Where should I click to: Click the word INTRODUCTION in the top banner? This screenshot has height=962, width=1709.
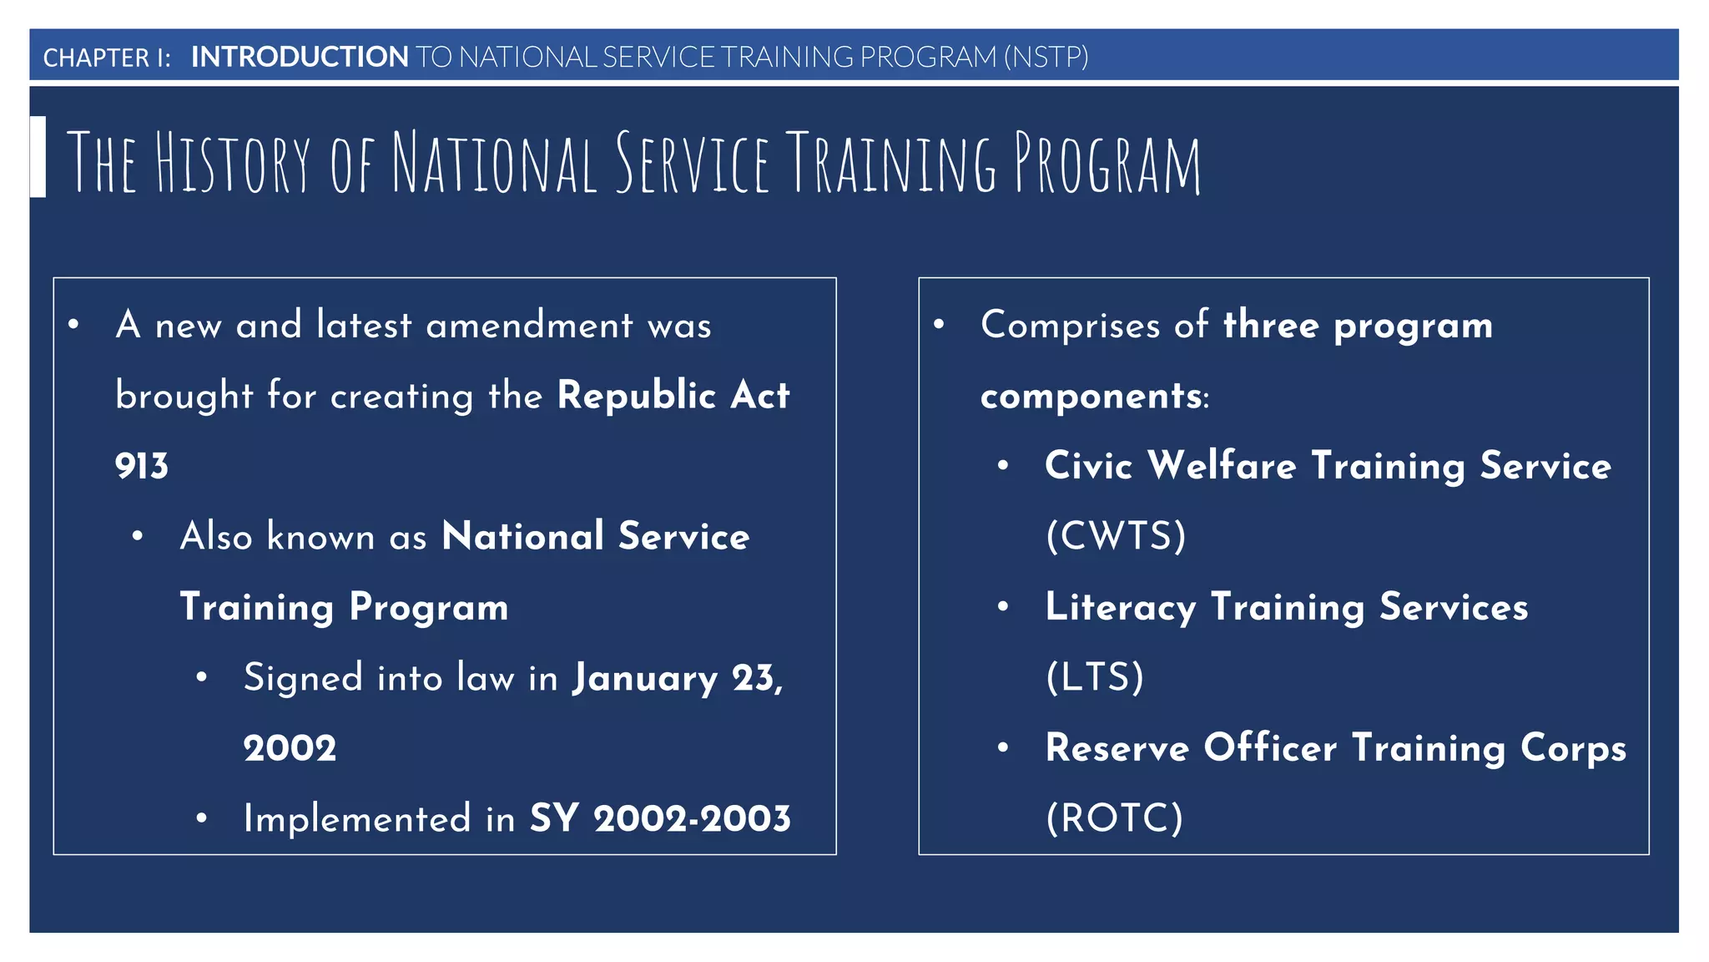tap(300, 57)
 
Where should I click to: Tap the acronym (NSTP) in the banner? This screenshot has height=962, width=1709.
tap(1046, 57)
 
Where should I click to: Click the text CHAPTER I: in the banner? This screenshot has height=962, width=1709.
tap(107, 58)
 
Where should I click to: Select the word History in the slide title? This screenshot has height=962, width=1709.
tap(233, 162)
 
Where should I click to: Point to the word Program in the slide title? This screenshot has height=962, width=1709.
tap(1107, 162)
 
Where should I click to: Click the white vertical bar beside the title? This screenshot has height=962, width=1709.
tap(38, 157)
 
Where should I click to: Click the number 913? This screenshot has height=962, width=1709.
tap(142, 466)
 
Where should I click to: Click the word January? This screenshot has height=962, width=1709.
tap(644, 678)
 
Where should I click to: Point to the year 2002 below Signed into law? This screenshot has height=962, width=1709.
tap(290, 748)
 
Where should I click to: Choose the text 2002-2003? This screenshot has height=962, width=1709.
tap(692, 818)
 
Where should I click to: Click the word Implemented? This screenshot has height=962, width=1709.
tap(357, 818)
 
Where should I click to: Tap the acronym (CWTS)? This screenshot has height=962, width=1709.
tap(1116, 536)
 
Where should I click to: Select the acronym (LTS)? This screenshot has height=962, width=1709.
tap(1095, 677)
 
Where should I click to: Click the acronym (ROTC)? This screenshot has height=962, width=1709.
tap(1115, 818)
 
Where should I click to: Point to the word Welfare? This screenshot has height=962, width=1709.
tap(1222, 465)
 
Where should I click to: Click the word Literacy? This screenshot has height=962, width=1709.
tap(1120, 607)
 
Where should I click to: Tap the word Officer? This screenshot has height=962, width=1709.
tap(1270, 747)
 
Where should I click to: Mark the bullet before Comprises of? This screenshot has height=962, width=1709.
tap(939, 324)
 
